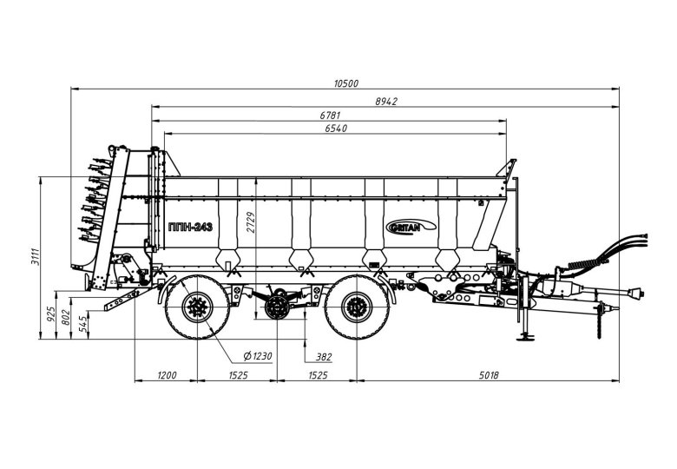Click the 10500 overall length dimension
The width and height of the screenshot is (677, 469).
coord(345,83)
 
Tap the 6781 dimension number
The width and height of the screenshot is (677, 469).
coord(330,116)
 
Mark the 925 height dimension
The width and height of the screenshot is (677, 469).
coord(51,312)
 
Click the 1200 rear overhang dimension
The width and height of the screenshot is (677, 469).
coord(167,375)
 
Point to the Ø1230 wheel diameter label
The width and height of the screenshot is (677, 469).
coord(259,356)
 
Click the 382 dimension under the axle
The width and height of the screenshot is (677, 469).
coord(325,356)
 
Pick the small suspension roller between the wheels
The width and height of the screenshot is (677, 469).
coord(278,307)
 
